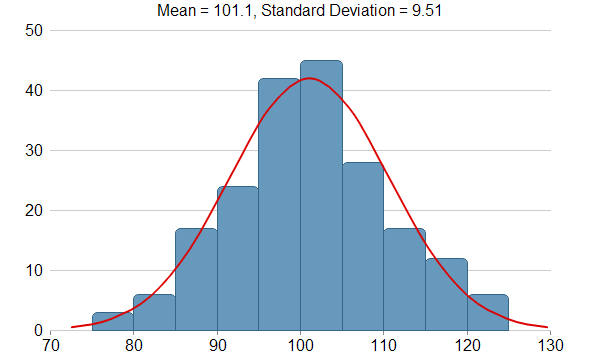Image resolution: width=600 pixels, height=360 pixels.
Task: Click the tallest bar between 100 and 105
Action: [321, 195]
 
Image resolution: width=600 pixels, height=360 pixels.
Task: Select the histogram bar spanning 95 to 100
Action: [279, 204]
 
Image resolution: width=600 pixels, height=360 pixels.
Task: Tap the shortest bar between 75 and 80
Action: [113, 321]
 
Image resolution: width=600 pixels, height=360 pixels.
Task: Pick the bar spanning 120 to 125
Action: [488, 313]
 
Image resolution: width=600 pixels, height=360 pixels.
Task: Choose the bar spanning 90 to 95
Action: [238, 258]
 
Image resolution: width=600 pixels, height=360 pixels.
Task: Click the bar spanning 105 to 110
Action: [363, 246]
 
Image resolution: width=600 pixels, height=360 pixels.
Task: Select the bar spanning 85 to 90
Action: [196, 279]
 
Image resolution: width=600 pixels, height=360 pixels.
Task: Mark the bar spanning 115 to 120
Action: [447, 295]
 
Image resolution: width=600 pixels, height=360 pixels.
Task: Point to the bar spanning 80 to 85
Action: [154, 313]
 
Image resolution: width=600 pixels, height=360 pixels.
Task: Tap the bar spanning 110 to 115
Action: [405, 279]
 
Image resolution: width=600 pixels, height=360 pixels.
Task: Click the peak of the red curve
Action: [309, 78]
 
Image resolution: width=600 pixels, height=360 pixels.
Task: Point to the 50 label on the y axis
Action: [34, 31]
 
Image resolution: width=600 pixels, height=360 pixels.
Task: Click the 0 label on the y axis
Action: [38, 331]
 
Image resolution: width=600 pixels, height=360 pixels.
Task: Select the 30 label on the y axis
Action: [34, 150]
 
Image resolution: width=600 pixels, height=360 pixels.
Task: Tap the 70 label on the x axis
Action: [50, 345]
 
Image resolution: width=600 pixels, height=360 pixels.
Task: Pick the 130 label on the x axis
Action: [550, 345]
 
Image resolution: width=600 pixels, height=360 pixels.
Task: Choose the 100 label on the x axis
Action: [301, 345]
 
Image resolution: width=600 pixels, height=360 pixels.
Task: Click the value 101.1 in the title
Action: [234, 11]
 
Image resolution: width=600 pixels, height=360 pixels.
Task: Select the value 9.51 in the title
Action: [427, 10]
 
